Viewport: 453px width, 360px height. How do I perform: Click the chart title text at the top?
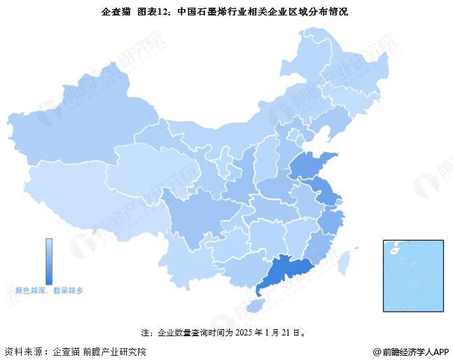pos(226,12)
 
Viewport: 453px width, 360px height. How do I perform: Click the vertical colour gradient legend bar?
pos(49,260)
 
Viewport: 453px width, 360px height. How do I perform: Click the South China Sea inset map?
pos(413,275)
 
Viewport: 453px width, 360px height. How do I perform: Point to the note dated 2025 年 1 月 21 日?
pos(226,332)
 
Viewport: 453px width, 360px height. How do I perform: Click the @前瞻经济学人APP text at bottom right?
pos(410,351)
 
